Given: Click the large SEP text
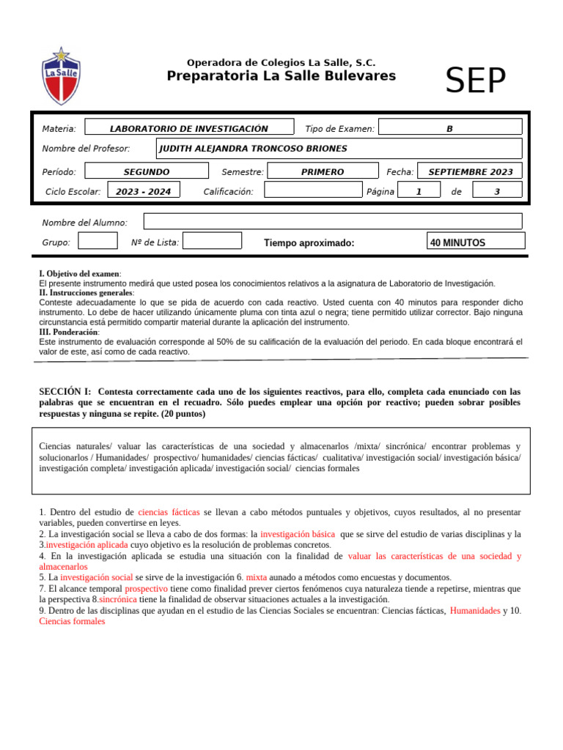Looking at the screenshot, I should [x=476, y=81].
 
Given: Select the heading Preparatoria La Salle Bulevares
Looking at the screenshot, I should [x=281, y=76].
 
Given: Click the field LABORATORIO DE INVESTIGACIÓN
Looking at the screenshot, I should [x=189, y=128].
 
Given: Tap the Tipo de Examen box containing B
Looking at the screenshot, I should [x=449, y=128].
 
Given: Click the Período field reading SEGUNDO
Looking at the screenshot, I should [x=147, y=171].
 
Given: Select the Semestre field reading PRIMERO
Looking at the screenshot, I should [x=322, y=171].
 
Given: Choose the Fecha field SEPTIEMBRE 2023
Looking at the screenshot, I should [x=470, y=171].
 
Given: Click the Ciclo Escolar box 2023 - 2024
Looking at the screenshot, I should [x=143, y=191].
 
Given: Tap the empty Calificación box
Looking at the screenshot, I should [x=312, y=191].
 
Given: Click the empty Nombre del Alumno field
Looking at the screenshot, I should [x=332, y=221].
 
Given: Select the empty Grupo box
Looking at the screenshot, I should [x=97, y=241].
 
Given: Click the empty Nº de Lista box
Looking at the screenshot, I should [x=211, y=241].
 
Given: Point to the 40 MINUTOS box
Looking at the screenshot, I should [x=475, y=242].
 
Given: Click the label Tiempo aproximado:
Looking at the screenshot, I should [x=309, y=242].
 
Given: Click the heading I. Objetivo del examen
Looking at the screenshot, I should [x=80, y=273].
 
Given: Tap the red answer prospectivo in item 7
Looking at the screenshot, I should [x=146, y=588].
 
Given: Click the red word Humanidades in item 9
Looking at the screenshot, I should [x=475, y=610].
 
